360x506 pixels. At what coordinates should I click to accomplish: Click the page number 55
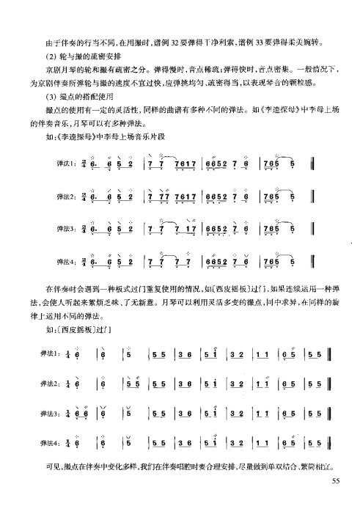pyautogui.click(x=337, y=481)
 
